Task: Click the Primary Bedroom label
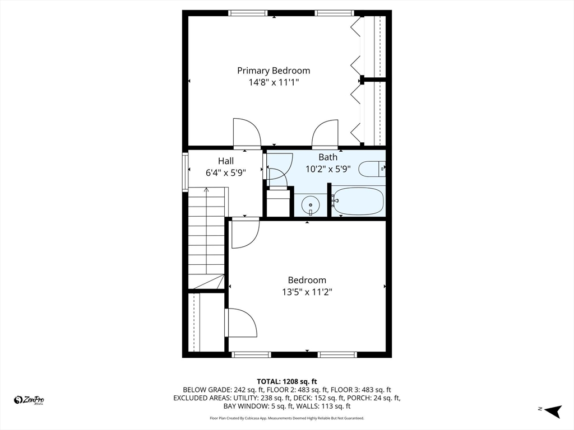click(x=273, y=71)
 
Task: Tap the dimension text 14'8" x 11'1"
click(x=274, y=82)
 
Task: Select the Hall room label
click(x=226, y=161)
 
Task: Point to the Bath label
click(x=328, y=157)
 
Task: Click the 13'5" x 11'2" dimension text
click(x=307, y=292)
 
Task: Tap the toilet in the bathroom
click(x=372, y=169)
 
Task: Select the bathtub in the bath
click(x=357, y=201)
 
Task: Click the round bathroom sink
click(x=310, y=205)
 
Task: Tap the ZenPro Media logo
click(x=29, y=400)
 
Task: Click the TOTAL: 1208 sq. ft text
click(x=287, y=381)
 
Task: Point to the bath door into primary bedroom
click(x=326, y=134)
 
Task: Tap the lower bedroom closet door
click(x=241, y=323)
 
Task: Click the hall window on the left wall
click(x=184, y=172)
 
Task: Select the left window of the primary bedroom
click(x=248, y=13)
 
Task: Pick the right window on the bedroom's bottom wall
click(x=337, y=354)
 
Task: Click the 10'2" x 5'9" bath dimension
click(x=328, y=169)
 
